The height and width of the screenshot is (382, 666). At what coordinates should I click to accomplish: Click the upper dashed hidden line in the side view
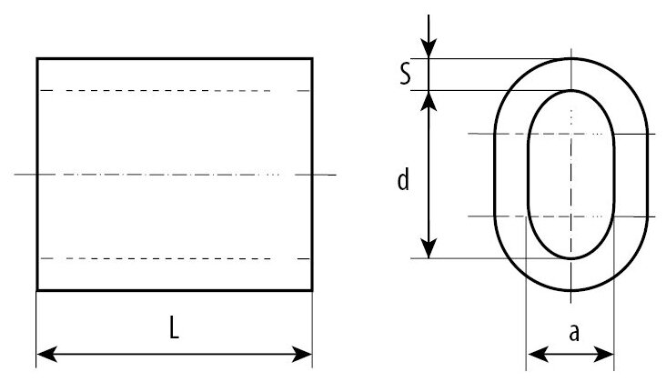click(x=155, y=91)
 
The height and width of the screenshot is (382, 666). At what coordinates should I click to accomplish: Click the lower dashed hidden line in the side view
click(x=155, y=258)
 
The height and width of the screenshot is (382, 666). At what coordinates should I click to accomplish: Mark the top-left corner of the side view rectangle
click(x=37, y=58)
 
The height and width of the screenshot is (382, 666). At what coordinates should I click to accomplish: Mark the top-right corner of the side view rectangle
click(x=312, y=58)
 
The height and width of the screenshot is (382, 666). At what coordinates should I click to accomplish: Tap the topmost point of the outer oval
click(x=571, y=58)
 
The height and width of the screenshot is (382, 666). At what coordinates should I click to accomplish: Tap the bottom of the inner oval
click(x=571, y=257)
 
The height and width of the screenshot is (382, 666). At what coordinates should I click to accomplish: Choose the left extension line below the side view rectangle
click(x=37, y=327)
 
